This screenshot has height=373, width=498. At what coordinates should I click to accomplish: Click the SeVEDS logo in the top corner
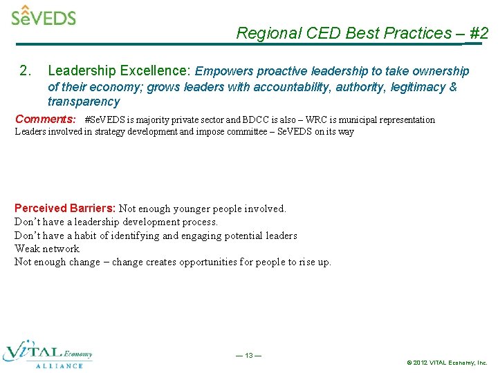pos(43,15)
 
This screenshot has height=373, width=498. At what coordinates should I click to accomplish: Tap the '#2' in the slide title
pos(479,33)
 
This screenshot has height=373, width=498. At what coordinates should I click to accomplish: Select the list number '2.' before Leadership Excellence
pos(26,71)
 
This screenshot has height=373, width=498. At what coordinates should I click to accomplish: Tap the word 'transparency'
pos(84,102)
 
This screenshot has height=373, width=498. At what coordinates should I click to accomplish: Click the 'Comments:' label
pos(46,119)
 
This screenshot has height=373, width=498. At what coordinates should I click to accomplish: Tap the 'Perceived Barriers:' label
pos(66,208)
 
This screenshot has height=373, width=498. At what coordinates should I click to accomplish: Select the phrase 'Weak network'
pos(47,249)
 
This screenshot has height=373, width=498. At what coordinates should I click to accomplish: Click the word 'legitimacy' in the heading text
pos(418,87)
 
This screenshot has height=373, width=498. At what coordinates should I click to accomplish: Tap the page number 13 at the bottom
pos(248,356)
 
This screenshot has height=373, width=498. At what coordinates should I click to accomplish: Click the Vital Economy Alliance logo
pos(48,353)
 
